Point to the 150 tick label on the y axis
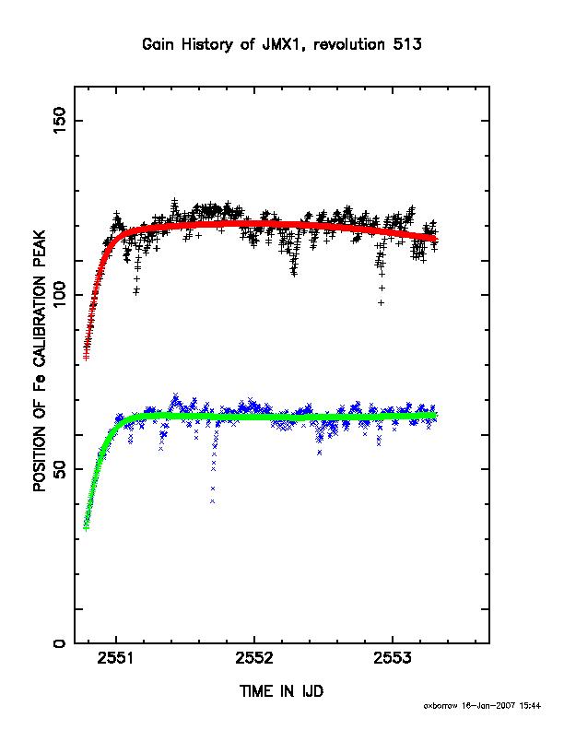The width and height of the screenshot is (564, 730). [x=60, y=120]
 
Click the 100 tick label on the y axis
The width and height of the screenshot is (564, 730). [x=60, y=295]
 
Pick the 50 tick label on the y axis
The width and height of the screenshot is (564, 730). [x=60, y=469]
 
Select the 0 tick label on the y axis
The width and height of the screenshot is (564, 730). [x=60, y=643]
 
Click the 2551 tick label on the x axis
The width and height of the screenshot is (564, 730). [x=116, y=658]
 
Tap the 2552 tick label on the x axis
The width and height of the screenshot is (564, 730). [x=254, y=658]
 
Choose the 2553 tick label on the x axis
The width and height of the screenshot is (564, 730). [x=393, y=658]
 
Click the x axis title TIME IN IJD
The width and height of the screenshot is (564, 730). [x=281, y=691]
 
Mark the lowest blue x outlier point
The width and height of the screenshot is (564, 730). [x=213, y=501]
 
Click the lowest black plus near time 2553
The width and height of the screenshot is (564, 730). [x=382, y=302]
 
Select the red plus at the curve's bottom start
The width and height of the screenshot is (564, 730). [x=86, y=357]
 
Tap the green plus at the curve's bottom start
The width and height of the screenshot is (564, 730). [x=86, y=527]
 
